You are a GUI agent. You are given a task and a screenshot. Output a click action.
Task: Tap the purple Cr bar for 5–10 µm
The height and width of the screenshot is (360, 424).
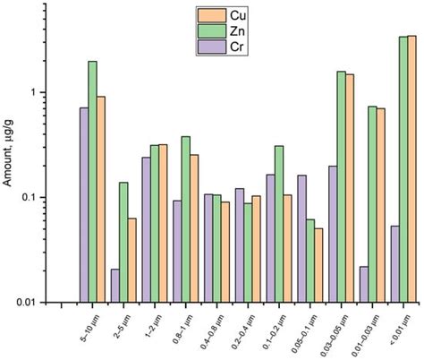point(83,205)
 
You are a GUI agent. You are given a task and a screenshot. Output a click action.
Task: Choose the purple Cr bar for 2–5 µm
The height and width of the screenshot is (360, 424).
point(114,286)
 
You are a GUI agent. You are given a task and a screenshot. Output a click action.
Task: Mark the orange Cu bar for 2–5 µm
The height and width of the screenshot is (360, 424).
point(131,260)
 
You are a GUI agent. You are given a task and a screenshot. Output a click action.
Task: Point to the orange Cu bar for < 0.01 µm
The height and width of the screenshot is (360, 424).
point(411,169)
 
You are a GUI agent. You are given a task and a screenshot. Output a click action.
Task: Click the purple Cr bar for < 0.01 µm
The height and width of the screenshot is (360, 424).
point(394,264)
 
